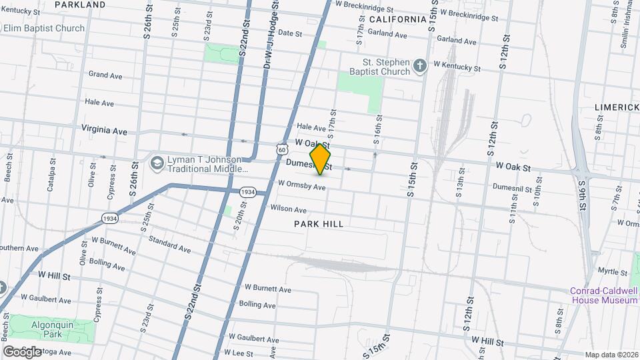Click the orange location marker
(x=321, y=160)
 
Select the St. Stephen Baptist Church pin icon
(x=419, y=65)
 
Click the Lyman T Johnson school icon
(x=157, y=163)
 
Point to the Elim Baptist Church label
(x=44, y=28)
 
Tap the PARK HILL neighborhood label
(x=319, y=224)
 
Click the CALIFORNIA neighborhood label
(x=396, y=19)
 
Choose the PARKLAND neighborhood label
(x=80, y=5)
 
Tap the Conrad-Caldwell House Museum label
(x=604, y=295)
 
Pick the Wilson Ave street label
(x=288, y=209)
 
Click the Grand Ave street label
(x=105, y=75)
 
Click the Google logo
(x=21, y=351)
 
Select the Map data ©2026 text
(x=611, y=355)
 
